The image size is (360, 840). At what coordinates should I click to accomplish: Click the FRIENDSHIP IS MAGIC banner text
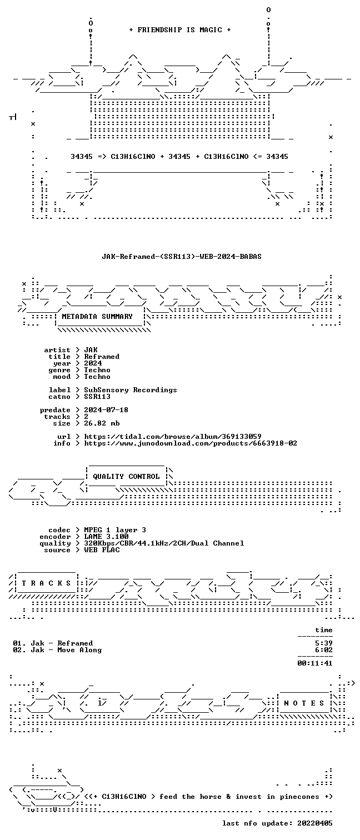[180, 30]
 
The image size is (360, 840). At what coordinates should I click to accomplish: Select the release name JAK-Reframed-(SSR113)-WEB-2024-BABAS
[182, 257]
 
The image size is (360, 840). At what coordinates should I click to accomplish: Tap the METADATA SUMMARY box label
[97, 317]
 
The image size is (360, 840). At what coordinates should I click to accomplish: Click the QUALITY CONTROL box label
[126, 477]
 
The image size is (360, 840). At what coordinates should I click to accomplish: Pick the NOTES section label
[304, 703]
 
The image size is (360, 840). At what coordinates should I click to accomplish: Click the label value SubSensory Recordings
[130, 390]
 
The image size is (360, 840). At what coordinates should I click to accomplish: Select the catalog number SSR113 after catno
[97, 397]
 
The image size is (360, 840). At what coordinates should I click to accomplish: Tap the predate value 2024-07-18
[106, 410]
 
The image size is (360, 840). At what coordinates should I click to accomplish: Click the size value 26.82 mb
[102, 423]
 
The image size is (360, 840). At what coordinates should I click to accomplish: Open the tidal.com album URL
[172, 437]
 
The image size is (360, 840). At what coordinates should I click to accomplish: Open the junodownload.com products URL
[191, 443]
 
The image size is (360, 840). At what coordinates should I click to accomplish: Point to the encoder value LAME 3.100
[106, 537]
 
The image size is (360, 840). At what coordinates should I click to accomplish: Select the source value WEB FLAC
[102, 550]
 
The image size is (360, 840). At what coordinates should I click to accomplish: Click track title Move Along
[79, 650]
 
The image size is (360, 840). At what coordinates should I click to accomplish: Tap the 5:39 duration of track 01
[324, 643]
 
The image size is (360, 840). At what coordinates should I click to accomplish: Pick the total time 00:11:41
[315, 663]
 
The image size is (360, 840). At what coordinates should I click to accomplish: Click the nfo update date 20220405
[315, 823]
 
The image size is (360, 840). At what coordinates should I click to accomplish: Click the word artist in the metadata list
[57, 350]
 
